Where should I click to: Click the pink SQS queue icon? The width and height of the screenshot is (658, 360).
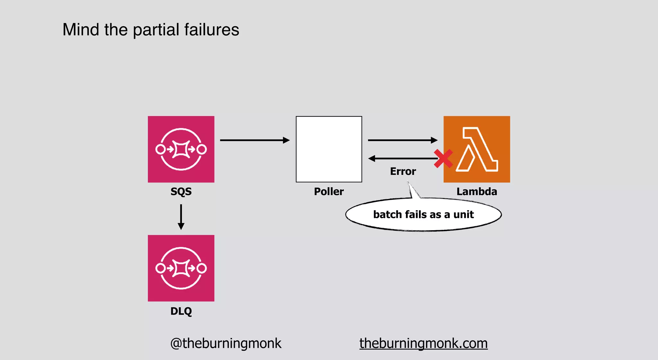coord(181,149)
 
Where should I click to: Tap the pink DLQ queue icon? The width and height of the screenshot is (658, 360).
coord(181,268)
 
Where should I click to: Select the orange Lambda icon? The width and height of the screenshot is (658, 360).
coord(477,149)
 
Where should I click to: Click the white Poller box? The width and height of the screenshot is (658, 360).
coord(329,149)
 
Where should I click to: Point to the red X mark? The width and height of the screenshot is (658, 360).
coord(443,158)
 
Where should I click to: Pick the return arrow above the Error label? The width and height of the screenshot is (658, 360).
coord(402,158)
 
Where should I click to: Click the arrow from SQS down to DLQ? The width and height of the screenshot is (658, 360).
coord(181,217)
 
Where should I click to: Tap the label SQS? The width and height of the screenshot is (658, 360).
coord(181,192)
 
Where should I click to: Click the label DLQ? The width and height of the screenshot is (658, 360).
coord(181,311)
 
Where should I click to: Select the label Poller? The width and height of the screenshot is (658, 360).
coord(329,192)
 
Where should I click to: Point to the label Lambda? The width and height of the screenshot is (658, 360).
coord(477,192)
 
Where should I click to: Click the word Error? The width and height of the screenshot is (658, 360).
coord(403,171)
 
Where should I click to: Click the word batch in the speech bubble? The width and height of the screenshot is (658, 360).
coord(387,214)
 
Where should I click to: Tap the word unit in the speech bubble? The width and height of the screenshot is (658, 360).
coord(463,214)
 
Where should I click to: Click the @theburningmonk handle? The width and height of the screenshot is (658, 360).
coord(226,343)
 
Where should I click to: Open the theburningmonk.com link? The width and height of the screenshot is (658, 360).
coord(423,343)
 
